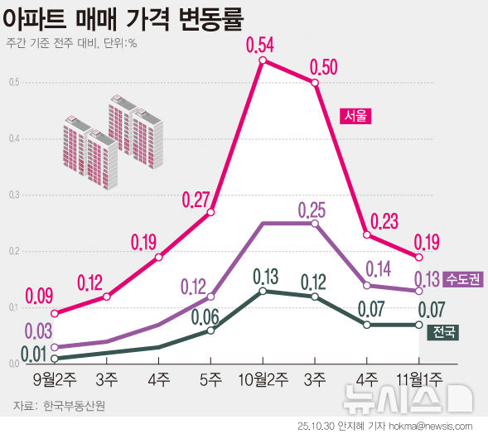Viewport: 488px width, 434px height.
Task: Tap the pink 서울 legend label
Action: pos(354,116)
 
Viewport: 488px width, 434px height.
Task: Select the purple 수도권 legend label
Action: pos(463,279)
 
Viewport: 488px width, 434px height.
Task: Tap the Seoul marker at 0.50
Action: pos(315,82)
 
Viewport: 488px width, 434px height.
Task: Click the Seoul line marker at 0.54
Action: pos(263,60)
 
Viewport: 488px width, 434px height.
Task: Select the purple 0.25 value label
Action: pos(315,208)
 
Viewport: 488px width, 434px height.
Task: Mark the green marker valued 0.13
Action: pos(263,291)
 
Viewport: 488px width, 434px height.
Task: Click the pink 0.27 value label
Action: pos(198,200)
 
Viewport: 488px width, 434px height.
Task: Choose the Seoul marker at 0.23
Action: pos(366,234)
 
